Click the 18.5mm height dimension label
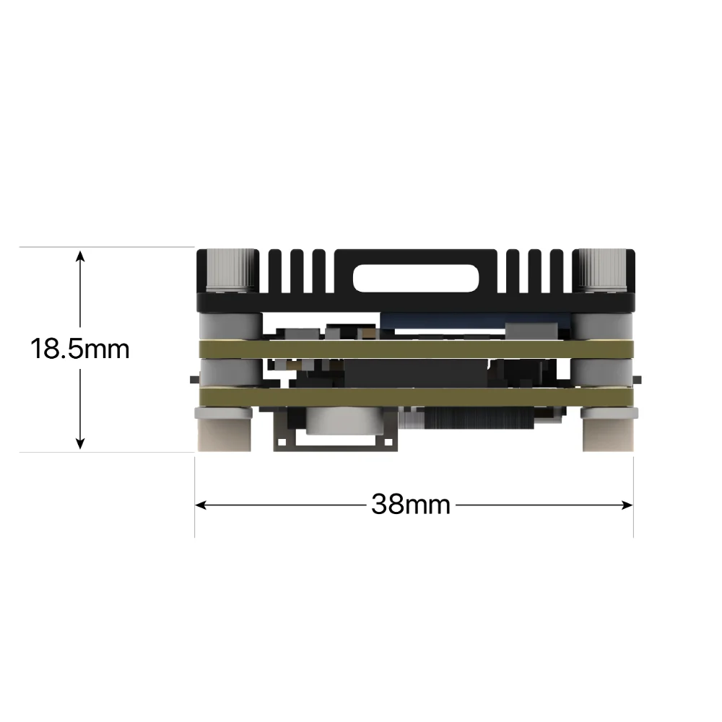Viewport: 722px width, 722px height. click(x=79, y=349)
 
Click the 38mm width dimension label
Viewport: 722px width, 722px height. click(x=411, y=504)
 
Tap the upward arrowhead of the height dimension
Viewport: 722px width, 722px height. click(x=80, y=256)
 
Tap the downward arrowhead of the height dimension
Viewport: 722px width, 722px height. click(x=80, y=443)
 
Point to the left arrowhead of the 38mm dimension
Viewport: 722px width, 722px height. click(x=201, y=505)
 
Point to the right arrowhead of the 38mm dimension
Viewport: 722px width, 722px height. click(x=627, y=505)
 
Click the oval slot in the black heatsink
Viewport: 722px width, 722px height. click(x=416, y=278)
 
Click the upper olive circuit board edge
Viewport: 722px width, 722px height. click(x=416, y=349)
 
